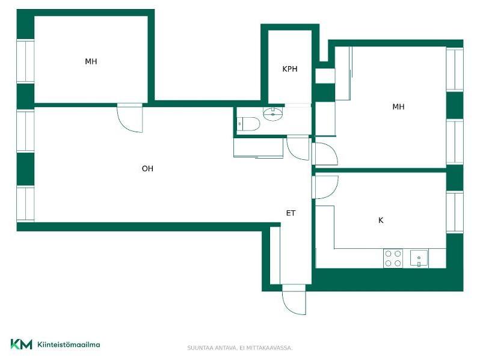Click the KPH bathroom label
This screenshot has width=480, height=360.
coord(289,69)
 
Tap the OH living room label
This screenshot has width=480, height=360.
coord(147,168)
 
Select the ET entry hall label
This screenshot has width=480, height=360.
coord(291,213)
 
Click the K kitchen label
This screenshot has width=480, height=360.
coord(381,220)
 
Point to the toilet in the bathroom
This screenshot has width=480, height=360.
coord(249,124)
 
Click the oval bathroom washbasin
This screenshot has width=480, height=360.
coord(273,114)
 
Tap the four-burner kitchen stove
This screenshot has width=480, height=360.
coord(393,258)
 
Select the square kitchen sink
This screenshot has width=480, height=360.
coord(419,258)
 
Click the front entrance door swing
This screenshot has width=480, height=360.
coord(294,300)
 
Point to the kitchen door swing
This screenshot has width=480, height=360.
coord(325,187)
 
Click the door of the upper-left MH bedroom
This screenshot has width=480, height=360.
coord(130,118)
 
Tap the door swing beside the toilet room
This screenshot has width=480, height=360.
coord(298,149)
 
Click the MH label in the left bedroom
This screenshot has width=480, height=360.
coord(91,61)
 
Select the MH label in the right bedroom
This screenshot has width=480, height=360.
coord(398,106)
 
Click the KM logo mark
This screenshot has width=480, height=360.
coord(21,344)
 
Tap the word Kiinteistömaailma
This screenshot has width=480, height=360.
coord(69,344)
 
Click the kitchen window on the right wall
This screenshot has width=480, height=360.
coord(455,212)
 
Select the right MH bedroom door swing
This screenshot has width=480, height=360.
coord(324,154)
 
